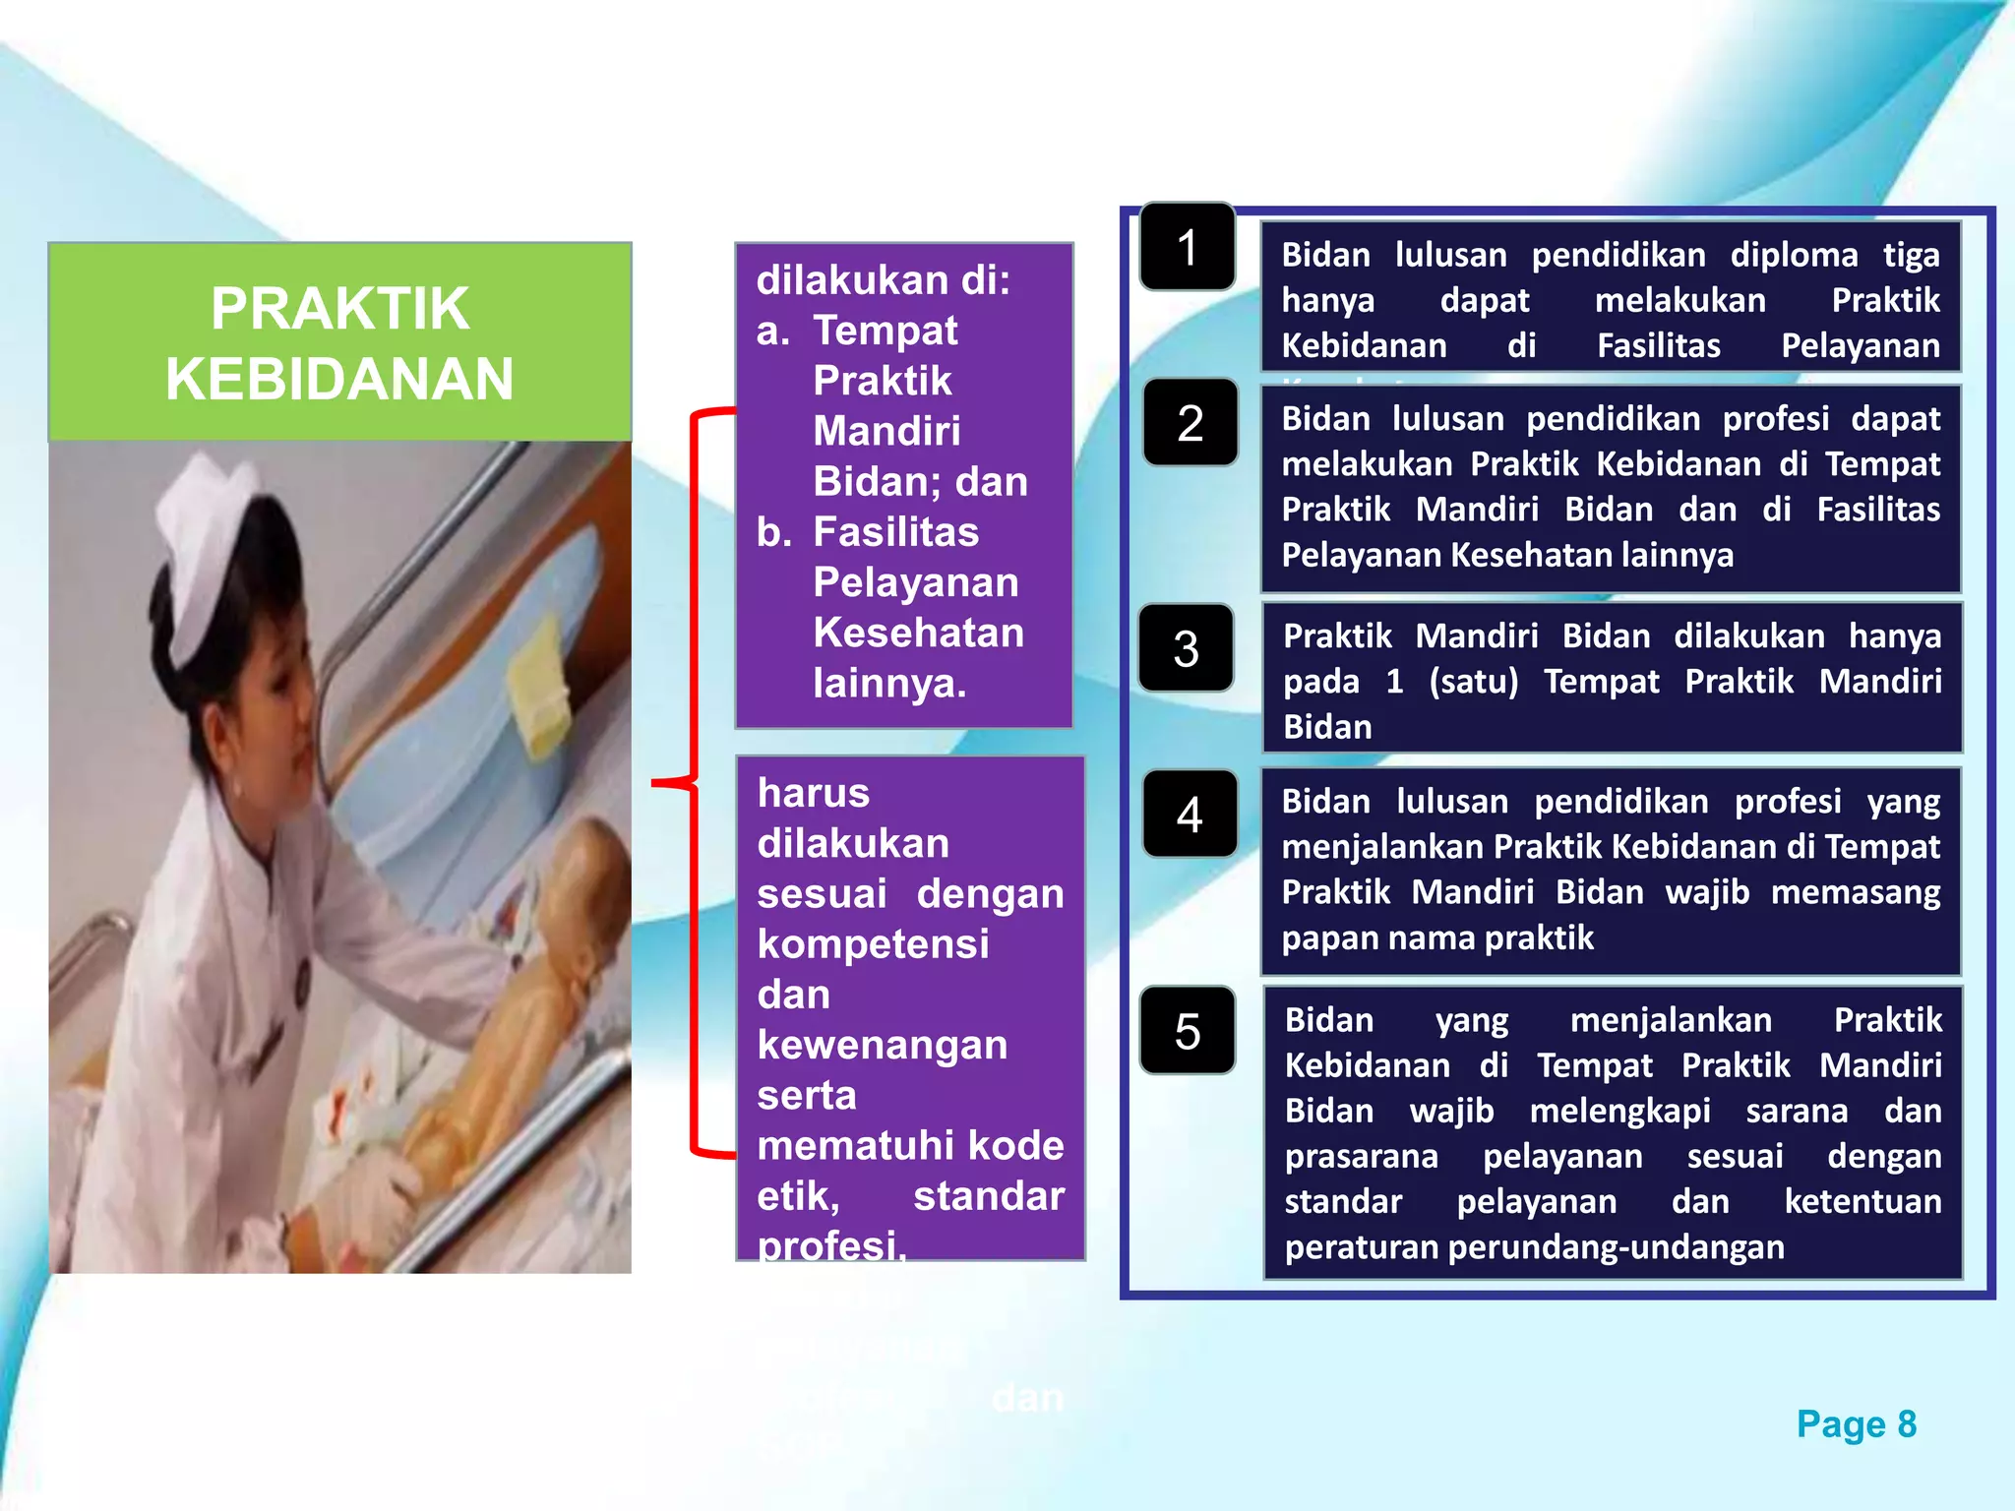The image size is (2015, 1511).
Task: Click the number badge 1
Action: pyautogui.click(x=1188, y=247)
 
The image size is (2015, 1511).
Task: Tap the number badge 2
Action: pyautogui.click(x=1190, y=423)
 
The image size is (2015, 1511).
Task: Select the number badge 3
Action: pyautogui.click(x=1187, y=648)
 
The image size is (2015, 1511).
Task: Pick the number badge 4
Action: pyautogui.click(x=1190, y=815)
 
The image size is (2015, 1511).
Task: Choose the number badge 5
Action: pyautogui.click(x=1188, y=1031)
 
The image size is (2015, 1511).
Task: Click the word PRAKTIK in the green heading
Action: pyautogui.click(x=339, y=308)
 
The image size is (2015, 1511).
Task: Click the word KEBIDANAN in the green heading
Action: pyautogui.click(x=339, y=379)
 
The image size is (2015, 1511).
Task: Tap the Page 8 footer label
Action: pyautogui.click(x=1856, y=1423)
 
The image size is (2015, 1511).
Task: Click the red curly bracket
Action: pyautogui.click(x=693, y=783)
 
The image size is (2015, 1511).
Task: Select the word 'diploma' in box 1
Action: pyautogui.click(x=1794, y=255)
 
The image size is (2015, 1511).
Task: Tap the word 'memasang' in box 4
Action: pyautogui.click(x=1855, y=892)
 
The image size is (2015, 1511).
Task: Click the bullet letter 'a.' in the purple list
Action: pyautogui.click(x=773, y=332)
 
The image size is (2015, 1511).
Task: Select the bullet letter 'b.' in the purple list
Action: pyautogui.click(x=774, y=532)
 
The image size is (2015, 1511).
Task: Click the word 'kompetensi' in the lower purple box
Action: pyautogui.click(x=873, y=944)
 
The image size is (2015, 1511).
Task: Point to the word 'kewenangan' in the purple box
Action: pyautogui.click(x=882, y=1045)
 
